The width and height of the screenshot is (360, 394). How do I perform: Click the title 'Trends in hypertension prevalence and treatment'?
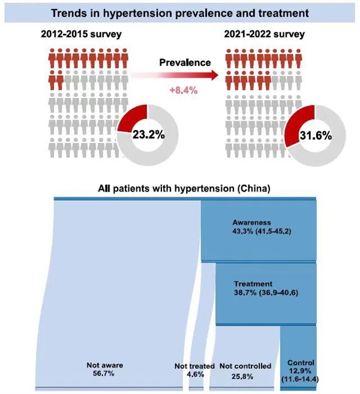click(179, 13)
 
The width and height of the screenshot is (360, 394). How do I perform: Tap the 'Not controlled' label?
click(245, 366)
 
